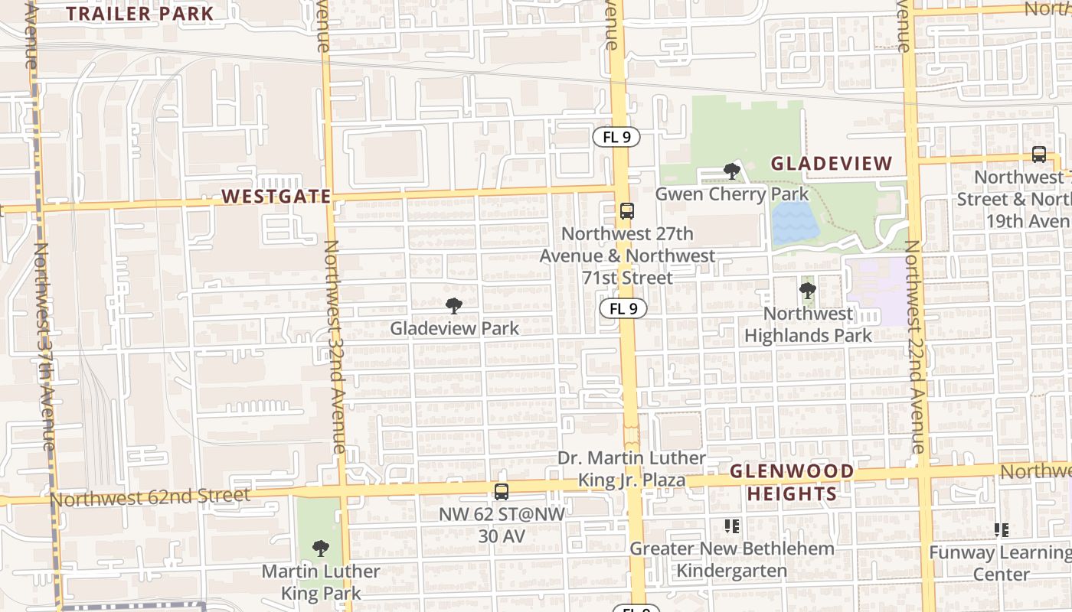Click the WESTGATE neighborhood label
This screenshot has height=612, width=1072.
coord(276,197)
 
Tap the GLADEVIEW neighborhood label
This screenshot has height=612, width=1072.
coord(831,163)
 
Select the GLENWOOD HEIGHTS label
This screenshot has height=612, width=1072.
coord(792,483)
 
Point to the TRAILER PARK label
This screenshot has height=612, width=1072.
coord(139,13)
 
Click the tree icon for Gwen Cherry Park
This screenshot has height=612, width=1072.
coord(732,171)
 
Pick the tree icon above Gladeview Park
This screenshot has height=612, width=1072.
coord(454,306)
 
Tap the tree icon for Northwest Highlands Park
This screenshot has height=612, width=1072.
coord(807,291)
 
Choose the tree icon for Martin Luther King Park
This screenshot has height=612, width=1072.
coord(321,548)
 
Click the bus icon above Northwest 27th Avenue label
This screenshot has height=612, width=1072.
coord(627,210)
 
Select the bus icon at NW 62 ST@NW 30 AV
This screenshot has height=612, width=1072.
coord(502,492)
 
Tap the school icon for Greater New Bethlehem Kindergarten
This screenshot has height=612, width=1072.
coord(732,526)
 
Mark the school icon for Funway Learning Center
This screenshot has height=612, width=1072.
coord(1001,529)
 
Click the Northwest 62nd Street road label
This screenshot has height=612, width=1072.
coord(150,498)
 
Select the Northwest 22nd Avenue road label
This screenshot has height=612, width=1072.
coord(916,344)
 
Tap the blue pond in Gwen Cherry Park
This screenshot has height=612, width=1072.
coord(794,223)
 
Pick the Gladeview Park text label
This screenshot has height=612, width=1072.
coord(454,328)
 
